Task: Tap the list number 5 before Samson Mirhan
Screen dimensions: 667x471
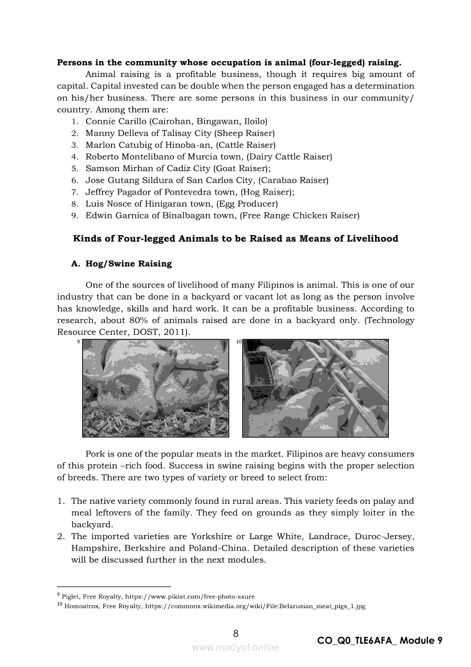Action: tap(74, 169)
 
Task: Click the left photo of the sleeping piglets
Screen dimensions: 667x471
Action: tap(156, 388)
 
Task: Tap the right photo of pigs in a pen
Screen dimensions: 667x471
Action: tap(315, 388)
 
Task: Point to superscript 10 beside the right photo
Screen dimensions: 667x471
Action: tap(239, 342)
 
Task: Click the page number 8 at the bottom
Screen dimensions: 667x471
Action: tap(235, 633)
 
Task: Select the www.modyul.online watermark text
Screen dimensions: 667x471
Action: tap(235, 647)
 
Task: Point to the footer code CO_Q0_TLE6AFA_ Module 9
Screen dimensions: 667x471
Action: tap(380, 641)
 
